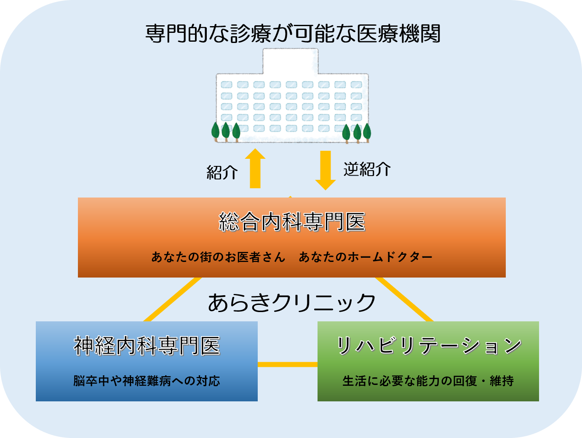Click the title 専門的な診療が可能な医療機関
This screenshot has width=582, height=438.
coord(293,34)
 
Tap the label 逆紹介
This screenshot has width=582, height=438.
coord(367,169)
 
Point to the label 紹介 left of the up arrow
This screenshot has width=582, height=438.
coord(222,172)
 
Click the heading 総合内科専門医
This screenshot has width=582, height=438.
coord(292,222)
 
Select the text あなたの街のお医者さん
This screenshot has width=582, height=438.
coord(218,257)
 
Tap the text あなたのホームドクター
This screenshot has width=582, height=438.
coord(366,257)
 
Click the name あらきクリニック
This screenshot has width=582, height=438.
coord(291,302)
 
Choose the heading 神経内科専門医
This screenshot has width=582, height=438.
coord(147,346)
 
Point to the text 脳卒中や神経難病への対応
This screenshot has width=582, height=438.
coord(147,381)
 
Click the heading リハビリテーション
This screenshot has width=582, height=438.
coord(428,346)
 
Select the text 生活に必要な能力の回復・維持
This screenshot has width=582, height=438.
coord(428,381)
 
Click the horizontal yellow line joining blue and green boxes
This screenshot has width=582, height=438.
coord(287,364)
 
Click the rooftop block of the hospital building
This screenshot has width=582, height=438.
coord(291,61)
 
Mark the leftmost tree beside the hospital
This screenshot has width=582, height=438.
coord(216,131)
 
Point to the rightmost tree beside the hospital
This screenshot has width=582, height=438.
coord(367,132)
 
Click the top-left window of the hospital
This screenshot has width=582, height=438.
coord(227,85)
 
